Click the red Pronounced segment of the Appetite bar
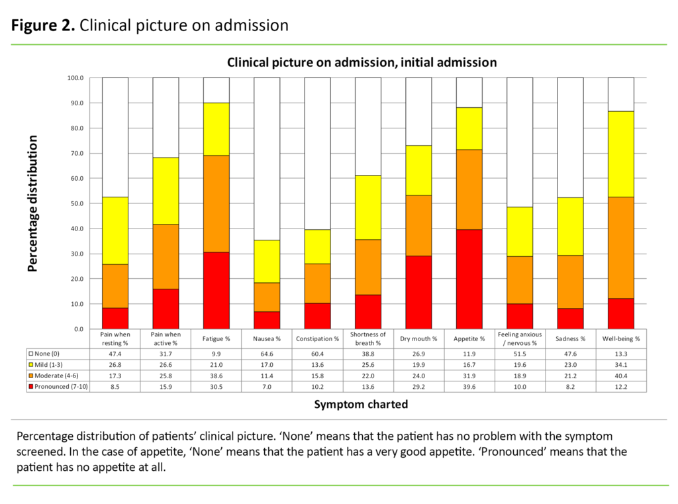point(469,279)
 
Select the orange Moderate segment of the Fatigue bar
point(217,203)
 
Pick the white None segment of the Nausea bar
point(267,158)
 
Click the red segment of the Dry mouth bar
point(418,292)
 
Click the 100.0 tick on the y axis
point(75,78)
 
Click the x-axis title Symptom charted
point(361,403)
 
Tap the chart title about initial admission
point(362,62)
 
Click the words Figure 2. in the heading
point(42,25)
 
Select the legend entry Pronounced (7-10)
point(56,386)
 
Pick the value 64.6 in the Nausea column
point(267,354)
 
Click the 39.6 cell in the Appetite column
point(469,386)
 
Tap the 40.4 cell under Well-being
point(621,376)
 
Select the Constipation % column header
point(318,338)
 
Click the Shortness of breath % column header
point(368,338)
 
